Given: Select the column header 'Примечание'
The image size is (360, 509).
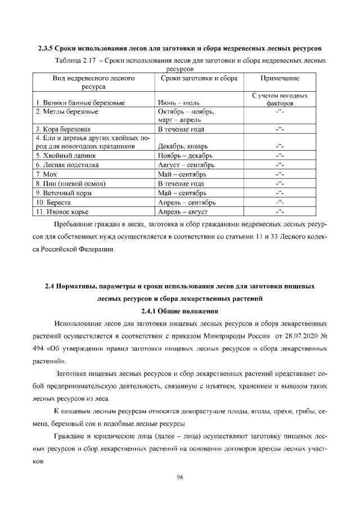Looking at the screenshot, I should (280, 79).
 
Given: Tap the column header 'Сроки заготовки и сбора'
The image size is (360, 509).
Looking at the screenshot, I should (199, 79).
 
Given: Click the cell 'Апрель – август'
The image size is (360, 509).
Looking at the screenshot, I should (183, 211).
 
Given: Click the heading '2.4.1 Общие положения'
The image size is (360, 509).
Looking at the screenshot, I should (179, 311).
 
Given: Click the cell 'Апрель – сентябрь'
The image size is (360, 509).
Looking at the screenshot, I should (187, 202).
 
